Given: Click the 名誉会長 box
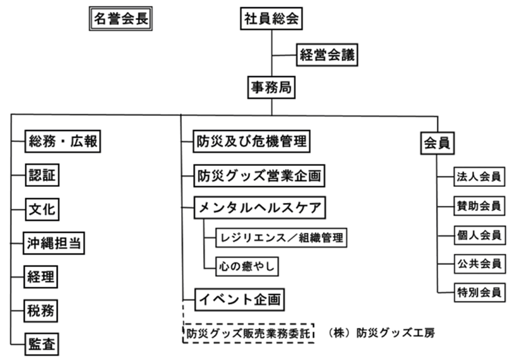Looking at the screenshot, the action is point(121,19).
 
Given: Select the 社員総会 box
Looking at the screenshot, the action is point(271,19).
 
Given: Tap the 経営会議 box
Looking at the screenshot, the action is point(327,55).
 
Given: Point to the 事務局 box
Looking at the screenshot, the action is point(271,88).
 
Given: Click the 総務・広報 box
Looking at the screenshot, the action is point(63,141).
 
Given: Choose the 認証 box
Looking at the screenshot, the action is point(42,175).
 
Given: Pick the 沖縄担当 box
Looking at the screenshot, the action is point(54,243).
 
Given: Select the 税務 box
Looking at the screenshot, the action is point(41,311).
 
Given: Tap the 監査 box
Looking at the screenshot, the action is point(42,344).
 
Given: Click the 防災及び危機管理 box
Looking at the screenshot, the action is point(252,141).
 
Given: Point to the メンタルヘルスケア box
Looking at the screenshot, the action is point(260,208).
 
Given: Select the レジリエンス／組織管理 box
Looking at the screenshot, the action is point(281,237).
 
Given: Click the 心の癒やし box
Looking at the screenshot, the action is point(247,266).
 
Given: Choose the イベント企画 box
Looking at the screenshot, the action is point(240,300).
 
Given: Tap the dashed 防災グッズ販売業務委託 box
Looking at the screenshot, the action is point(248,333).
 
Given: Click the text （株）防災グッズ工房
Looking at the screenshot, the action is point(381,333).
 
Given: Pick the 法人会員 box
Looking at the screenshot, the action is point(479,177).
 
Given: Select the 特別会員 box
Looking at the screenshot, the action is point(479,293).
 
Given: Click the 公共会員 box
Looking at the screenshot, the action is point(479,263).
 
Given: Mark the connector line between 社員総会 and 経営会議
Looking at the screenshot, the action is point(284,55).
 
